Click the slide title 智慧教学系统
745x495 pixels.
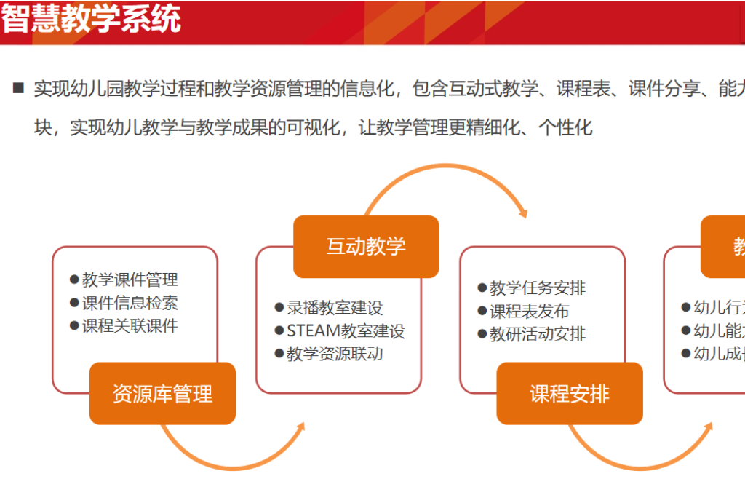tap(91, 20)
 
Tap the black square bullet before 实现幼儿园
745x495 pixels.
tap(18, 89)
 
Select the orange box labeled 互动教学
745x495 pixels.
tap(366, 246)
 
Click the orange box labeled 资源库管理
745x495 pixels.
tap(162, 394)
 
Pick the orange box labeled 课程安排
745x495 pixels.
tap(570, 394)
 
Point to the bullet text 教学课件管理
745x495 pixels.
tap(130, 280)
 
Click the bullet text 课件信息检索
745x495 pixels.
tap(130, 303)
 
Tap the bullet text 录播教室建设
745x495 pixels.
tap(334, 308)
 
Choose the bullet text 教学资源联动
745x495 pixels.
tap(334, 355)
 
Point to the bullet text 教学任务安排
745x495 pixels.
tap(538, 288)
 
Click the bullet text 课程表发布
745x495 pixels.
tap(529, 312)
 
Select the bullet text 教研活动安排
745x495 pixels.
tap(538, 335)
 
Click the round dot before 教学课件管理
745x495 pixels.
tap(74, 280)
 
